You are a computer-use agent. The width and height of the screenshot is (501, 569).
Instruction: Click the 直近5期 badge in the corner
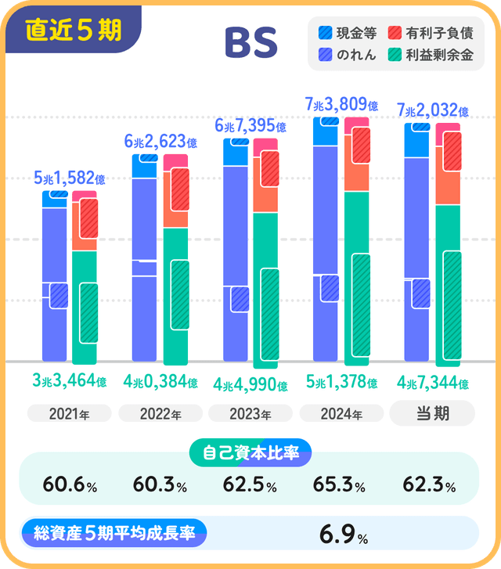(73, 30)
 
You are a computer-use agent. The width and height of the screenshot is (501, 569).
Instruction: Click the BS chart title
(250, 44)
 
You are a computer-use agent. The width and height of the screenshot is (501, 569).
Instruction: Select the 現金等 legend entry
(348, 33)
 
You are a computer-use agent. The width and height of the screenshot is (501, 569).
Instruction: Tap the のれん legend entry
(348, 56)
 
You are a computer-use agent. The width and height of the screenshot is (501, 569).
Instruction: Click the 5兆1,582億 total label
(69, 179)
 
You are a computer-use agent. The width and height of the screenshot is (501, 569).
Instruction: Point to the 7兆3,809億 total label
(341, 104)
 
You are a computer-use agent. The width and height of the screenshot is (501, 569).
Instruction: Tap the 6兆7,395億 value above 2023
(250, 125)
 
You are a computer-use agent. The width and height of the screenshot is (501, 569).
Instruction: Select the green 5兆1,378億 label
(341, 384)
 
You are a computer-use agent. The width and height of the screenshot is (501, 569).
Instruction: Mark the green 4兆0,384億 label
(160, 382)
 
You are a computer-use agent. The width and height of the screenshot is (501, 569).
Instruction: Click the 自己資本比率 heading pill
(250, 452)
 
